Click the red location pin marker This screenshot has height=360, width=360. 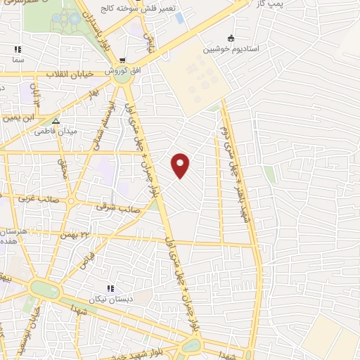coord(181,165)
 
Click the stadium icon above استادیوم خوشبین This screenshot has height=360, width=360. coord(231,38)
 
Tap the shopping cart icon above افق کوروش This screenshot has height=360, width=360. coord(123,60)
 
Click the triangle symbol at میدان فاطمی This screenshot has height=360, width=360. coord(65,121)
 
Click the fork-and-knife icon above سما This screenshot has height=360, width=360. coord(18,50)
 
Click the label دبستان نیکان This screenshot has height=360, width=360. coord(110,299)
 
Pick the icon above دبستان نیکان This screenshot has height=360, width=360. coord(110,288)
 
